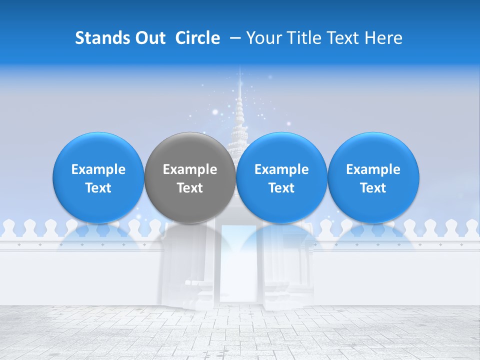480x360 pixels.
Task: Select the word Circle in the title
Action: point(197,38)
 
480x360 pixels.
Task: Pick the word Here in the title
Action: point(383,38)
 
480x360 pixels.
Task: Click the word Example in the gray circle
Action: point(190,169)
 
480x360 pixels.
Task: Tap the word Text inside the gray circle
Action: point(190,188)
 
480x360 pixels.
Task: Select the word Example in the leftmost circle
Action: point(98,169)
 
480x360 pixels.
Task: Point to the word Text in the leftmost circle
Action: point(98,188)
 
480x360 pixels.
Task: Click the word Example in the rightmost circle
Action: point(373,169)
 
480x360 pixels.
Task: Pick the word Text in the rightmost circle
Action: point(373,188)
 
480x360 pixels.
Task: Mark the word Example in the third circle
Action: point(281,169)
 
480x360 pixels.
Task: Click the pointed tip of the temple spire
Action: point(240,75)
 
